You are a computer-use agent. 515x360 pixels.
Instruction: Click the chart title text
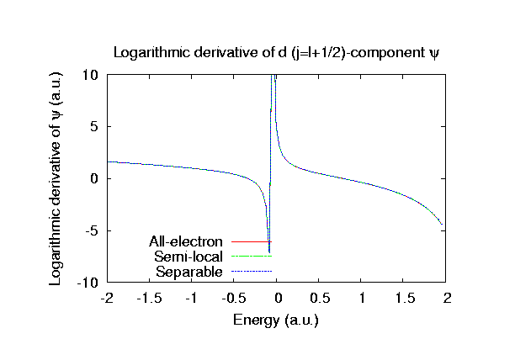click(277, 52)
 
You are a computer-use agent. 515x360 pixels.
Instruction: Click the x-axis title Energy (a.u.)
click(277, 320)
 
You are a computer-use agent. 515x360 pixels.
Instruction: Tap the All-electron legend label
click(185, 242)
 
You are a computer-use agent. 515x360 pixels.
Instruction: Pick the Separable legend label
click(189, 271)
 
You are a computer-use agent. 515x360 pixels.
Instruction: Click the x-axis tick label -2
click(107, 299)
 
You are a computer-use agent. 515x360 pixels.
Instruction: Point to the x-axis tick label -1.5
click(149, 299)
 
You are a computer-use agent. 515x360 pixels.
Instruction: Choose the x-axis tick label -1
click(192, 299)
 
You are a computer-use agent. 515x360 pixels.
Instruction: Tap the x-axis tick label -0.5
click(234, 299)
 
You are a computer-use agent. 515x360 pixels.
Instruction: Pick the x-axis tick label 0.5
click(320, 299)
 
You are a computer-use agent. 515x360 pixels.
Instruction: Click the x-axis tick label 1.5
click(405, 299)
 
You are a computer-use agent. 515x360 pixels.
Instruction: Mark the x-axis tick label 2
click(448, 299)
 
